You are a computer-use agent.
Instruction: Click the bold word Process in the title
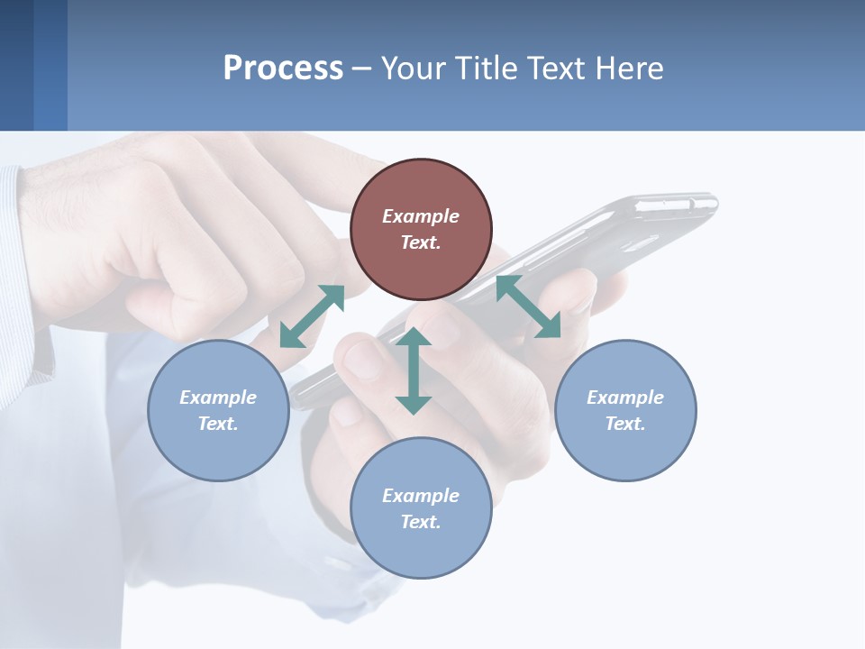(283, 69)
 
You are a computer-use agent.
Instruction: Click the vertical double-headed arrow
(414, 370)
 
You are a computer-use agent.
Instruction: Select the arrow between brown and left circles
(312, 316)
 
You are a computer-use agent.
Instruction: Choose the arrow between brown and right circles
(528, 306)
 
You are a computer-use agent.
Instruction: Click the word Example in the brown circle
(421, 216)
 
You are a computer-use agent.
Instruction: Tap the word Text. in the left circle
(218, 424)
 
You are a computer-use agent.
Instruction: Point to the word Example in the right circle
(625, 398)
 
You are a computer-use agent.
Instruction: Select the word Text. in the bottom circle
(421, 522)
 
